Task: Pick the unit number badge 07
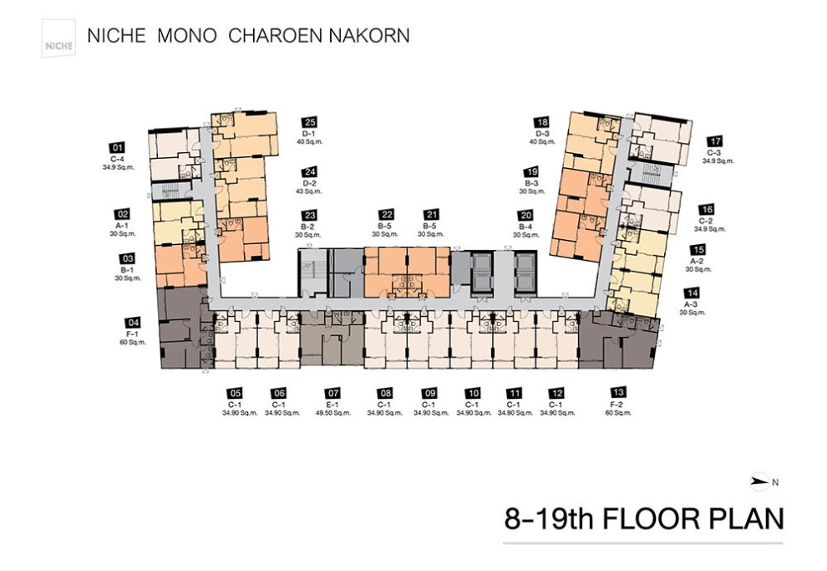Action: click(333, 393)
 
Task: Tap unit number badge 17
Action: click(714, 142)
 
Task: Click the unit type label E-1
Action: click(333, 403)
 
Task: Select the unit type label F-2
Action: click(618, 403)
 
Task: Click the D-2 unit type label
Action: click(310, 182)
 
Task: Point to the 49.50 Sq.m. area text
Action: click(333, 412)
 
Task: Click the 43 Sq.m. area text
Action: click(310, 191)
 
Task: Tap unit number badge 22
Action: click(385, 215)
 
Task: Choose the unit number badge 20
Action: click(525, 215)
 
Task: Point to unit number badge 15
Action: click(698, 249)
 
